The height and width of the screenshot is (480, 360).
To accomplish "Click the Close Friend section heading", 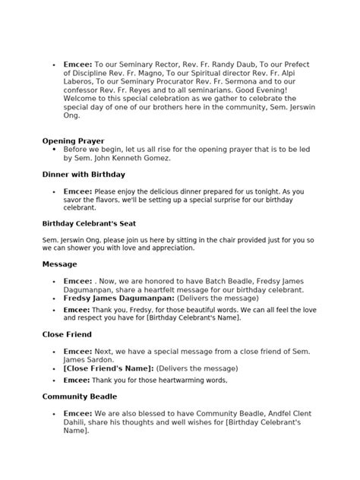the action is click(66, 333).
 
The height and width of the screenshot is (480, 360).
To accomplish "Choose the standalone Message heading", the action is click(59, 264).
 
